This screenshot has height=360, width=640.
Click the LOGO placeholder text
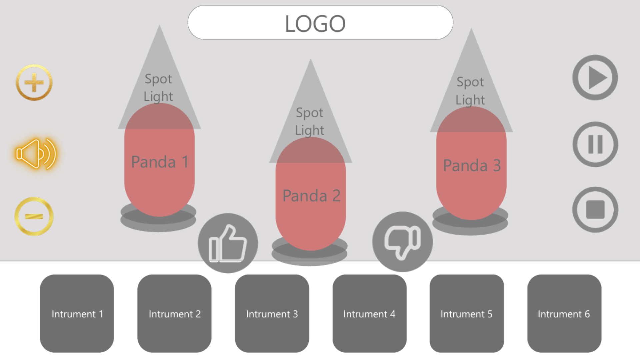click(315, 24)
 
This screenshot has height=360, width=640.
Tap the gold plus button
click(34, 82)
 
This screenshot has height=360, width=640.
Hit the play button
click(595, 78)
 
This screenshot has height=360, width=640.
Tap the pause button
click(595, 144)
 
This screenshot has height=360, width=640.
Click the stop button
click(595, 210)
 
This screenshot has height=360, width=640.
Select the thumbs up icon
click(228, 243)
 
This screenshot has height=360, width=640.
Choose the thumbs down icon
click(402, 242)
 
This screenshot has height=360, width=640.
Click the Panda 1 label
click(160, 162)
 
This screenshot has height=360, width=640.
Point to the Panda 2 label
click(311, 196)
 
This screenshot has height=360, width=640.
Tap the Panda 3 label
click(472, 165)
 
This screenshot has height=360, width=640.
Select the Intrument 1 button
click(77, 314)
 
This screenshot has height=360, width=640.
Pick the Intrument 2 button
click(174, 314)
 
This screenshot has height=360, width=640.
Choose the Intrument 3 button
click(272, 314)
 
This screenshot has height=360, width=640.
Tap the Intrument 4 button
click(369, 314)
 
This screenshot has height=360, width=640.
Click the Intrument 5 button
click(467, 314)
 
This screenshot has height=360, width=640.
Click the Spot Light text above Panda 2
click(310, 121)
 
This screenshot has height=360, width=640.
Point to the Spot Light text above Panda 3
click(470, 91)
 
